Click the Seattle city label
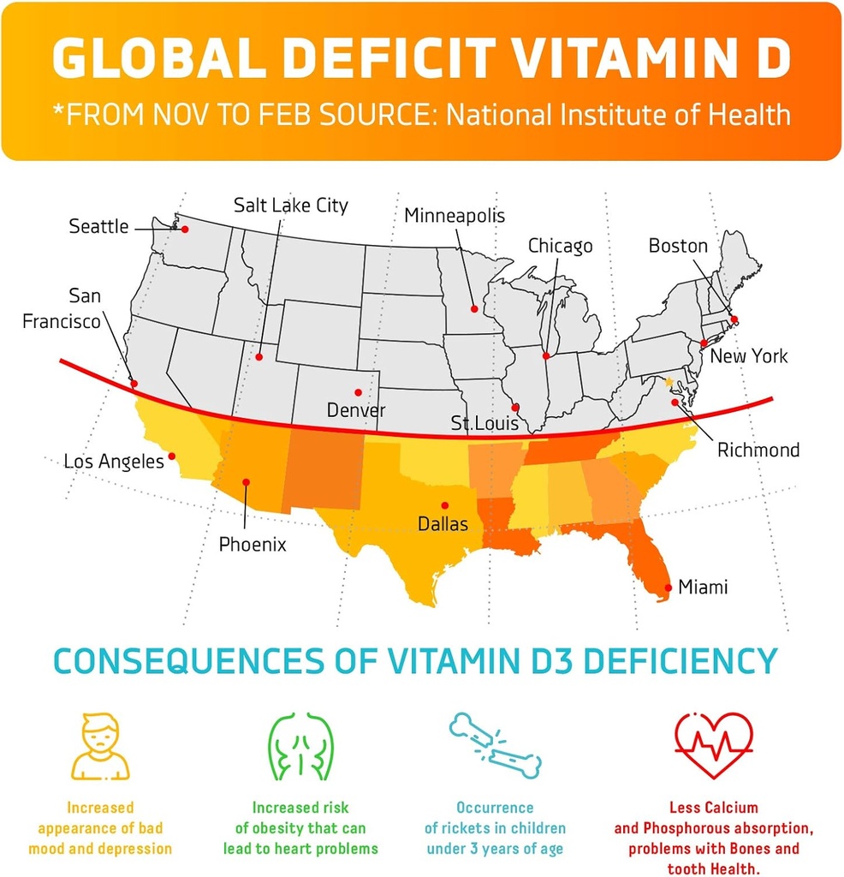[98, 227]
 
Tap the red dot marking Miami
[668, 588]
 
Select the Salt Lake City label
[291, 206]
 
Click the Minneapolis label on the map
[455, 215]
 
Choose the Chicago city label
[560, 247]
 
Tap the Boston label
[678, 247]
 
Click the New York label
[749, 356]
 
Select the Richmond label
[758, 450]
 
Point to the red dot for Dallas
[444, 505]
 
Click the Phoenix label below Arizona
[253, 544]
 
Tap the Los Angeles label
[114, 462]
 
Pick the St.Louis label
[484, 423]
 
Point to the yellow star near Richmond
[669, 382]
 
